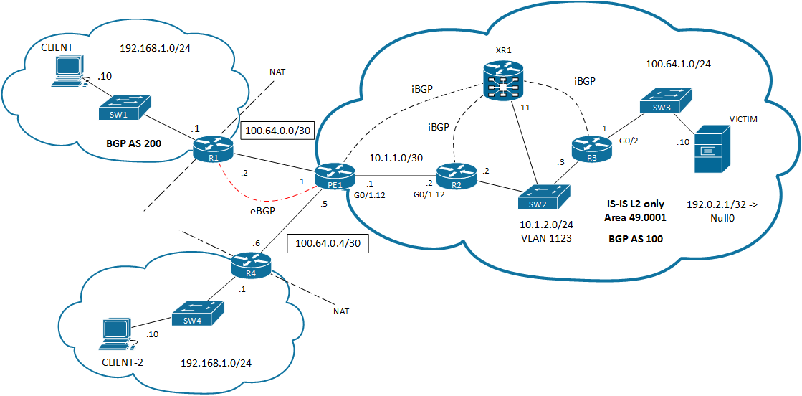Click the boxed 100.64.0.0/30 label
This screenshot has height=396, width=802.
(276, 131)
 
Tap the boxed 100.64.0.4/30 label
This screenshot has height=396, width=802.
(328, 244)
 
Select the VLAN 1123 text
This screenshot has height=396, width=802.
(546, 238)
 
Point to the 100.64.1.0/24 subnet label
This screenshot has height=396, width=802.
(678, 65)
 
